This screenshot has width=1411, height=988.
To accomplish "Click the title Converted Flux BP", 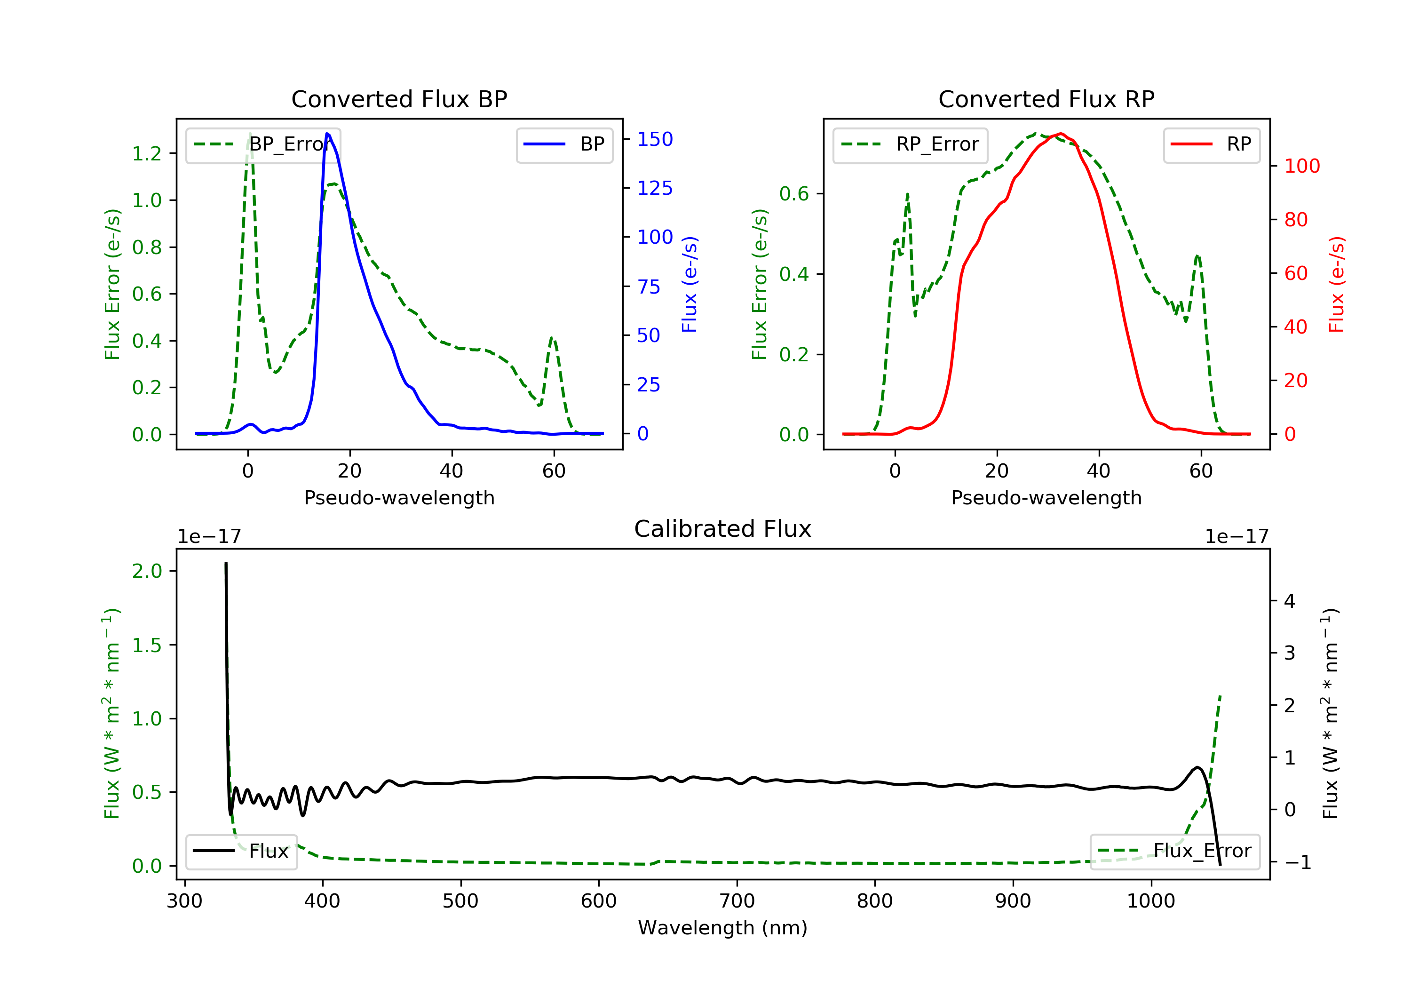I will (x=399, y=99).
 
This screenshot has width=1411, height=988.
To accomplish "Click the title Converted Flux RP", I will (x=1046, y=99).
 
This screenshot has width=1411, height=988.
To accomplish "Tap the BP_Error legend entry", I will (x=263, y=144).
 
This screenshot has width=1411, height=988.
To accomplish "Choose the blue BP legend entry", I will (x=564, y=144).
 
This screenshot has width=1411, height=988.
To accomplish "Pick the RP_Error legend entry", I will (x=910, y=144).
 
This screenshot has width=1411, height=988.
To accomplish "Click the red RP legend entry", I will (x=1211, y=144).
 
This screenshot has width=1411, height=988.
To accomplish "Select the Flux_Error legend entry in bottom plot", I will (x=1174, y=851).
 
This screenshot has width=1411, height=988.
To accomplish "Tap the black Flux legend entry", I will (x=242, y=851).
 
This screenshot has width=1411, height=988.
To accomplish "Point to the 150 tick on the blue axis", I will (x=655, y=140).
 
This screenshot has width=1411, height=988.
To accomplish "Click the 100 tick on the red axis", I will (x=1301, y=166).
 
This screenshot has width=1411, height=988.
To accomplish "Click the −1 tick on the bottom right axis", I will (x=1297, y=862).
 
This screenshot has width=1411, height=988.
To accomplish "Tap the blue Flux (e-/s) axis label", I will (x=690, y=284).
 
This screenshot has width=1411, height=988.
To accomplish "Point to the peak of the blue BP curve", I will (x=327, y=134).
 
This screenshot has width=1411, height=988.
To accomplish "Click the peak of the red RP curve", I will (x=1061, y=134).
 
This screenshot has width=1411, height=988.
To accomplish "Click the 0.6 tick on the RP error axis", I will (x=794, y=194).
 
